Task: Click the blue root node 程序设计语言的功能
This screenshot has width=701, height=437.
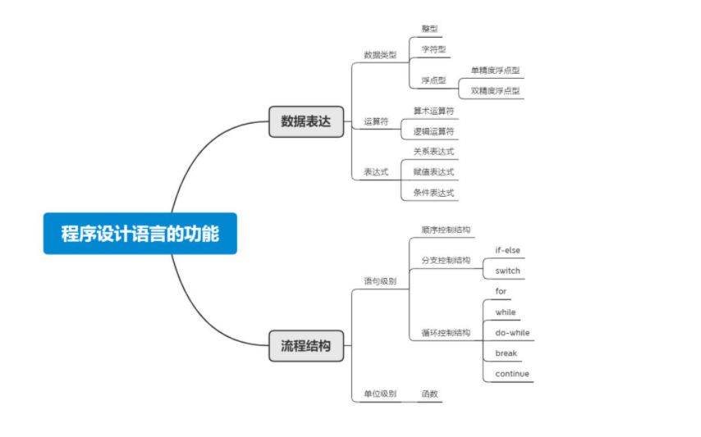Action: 140,234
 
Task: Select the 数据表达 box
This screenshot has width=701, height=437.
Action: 306,121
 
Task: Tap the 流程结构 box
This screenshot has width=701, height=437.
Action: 306,346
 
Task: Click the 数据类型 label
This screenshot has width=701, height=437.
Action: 380,55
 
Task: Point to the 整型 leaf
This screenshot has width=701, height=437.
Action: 429,29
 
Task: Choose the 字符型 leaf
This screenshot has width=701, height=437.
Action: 433,49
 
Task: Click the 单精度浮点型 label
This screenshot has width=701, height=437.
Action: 495,71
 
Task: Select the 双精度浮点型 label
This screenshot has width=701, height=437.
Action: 495,90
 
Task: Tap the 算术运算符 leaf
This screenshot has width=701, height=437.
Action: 433,111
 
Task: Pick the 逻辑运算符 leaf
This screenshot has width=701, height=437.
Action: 433,131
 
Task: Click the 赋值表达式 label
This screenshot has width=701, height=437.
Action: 433,172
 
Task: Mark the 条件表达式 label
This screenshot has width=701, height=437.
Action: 433,193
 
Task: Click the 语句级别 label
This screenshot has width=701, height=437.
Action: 380,281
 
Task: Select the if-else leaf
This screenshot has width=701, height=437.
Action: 507,250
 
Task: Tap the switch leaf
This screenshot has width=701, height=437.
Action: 507,271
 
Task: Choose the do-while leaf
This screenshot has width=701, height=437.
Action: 512,333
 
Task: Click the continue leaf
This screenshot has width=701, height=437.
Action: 512,374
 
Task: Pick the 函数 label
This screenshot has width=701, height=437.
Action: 429,394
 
